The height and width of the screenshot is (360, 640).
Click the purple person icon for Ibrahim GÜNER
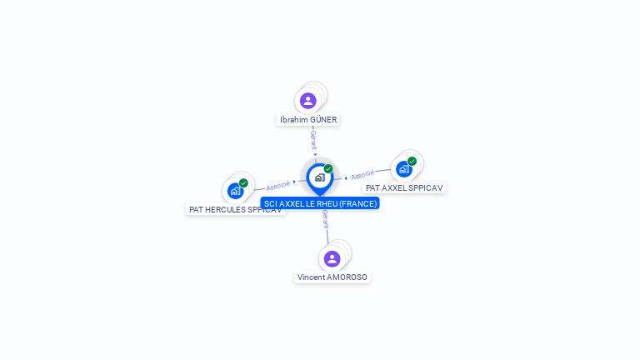click(x=308, y=101)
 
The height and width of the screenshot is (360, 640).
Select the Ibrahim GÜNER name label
click(x=308, y=120)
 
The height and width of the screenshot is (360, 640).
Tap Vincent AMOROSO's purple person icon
click(x=332, y=258)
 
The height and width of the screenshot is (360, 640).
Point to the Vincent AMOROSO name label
click(x=332, y=277)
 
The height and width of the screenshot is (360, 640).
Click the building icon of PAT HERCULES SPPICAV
click(x=235, y=191)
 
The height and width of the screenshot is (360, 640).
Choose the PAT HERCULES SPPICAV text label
click(x=235, y=210)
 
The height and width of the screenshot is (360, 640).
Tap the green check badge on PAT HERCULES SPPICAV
click(x=243, y=183)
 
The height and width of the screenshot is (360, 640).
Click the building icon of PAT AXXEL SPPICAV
click(x=404, y=169)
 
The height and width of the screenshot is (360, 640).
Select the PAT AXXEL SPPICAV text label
click(x=404, y=188)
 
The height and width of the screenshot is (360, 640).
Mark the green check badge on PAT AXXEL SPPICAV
click(x=412, y=162)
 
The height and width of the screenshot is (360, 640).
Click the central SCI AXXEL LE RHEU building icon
click(x=319, y=177)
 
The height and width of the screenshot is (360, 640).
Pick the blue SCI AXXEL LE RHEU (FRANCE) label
click(x=320, y=203)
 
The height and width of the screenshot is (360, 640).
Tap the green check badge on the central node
click(x=328, y=169)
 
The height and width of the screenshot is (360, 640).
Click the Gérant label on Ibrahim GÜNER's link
click(x=313, y=139)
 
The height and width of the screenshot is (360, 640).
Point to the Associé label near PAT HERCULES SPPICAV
click(x=278, y=185)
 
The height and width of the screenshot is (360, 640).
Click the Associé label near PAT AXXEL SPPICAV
click(x=362, y=175)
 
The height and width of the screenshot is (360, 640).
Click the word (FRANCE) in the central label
click(x=358, y=203)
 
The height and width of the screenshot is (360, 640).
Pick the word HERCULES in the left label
click(x=225, y=210)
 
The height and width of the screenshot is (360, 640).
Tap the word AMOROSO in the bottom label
click(x=348, y=277)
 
